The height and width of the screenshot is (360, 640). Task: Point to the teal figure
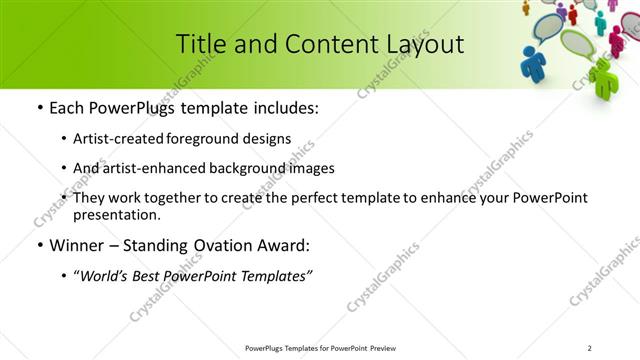tap(600, 20)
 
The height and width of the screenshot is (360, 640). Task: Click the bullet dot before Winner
tap(38, 245)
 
